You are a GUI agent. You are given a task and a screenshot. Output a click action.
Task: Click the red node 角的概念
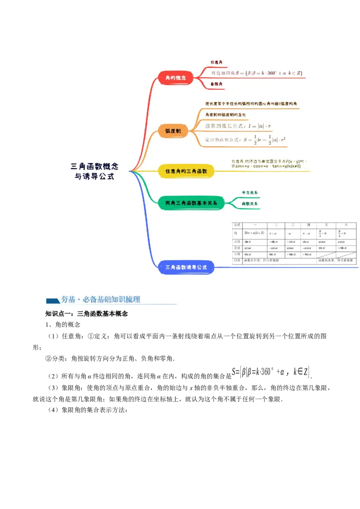pyautogui.click(x=175, y=78)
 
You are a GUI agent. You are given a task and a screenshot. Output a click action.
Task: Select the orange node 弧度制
pyautogui.click(x=173, y=131)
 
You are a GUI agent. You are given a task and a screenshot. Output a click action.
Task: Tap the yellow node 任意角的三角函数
pyautogui.click(x=186, y=171)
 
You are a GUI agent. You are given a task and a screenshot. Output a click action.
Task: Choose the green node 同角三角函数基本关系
pyautogui.click(x=191, y=203)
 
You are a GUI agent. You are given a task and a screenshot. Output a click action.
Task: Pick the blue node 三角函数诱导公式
pyautogui.click(x=186, y=268)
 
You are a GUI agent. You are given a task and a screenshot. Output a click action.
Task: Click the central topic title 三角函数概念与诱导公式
pyautogui.click(x=94, y=171)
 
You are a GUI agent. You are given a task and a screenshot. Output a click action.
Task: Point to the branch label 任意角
pyautogui.click(x=216, y=62)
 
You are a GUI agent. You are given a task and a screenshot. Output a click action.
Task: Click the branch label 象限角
pyautogui.click(x=216, y=84)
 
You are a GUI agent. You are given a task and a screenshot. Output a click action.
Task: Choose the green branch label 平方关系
pyautogui.click(x=250, y=192)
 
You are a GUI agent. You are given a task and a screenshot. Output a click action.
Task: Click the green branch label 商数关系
pyautogui.click(x=250, y=204)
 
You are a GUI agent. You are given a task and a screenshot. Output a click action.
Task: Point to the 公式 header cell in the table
pyautogui.click(x=237, y=224)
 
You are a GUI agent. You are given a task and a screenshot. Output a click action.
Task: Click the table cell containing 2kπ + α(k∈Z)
pyautogui.click(x=254, y=233)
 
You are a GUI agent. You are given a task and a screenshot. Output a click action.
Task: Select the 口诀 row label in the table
pyautogui.click(x=237, y=260)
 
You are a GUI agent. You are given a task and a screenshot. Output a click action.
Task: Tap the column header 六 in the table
pyautogui.click(x=346, y=224)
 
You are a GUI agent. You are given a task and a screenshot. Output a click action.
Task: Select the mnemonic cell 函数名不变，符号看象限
pyautogui.click(x=261, y=260)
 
